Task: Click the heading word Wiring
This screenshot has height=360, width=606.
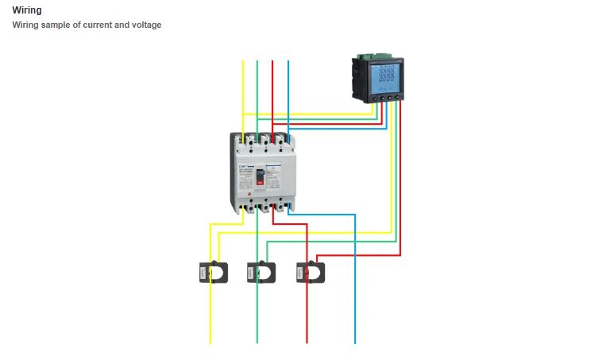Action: (27, 10)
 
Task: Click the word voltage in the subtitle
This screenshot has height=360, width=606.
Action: (144, 25)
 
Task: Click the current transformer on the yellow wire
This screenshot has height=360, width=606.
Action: (213, 272)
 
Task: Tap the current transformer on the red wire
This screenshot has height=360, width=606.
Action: (311, 272)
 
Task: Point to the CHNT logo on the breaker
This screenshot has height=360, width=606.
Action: (245, 167)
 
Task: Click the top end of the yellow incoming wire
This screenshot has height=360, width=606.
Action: (243, 62)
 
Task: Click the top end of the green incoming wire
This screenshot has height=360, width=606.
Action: (257, 62)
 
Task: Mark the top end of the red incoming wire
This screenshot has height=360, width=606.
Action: (272, 62)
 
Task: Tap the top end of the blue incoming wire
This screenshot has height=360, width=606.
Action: (288, 62)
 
